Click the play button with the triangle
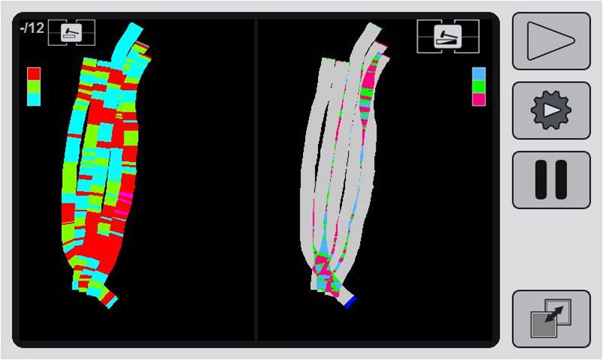pyautogui.click(x=551, y=41)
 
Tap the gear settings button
pyautogui.click(x=551, y=110)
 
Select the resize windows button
pyautogui.click(x=551, y=319)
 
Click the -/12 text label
pyautogui.click(x=32, y=28)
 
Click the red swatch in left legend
pyautogui.click(x=34, y=73)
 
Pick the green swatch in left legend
pyautogui.click(x=34, y=86)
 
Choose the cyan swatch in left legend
pyautogui.click(x=34, y=99)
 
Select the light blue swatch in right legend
pyautogui.click(x=478, y=73)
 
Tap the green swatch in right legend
pyautogui.click(x=478, y=86)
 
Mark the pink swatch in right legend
pyautogui.click(x=478, y=99)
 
